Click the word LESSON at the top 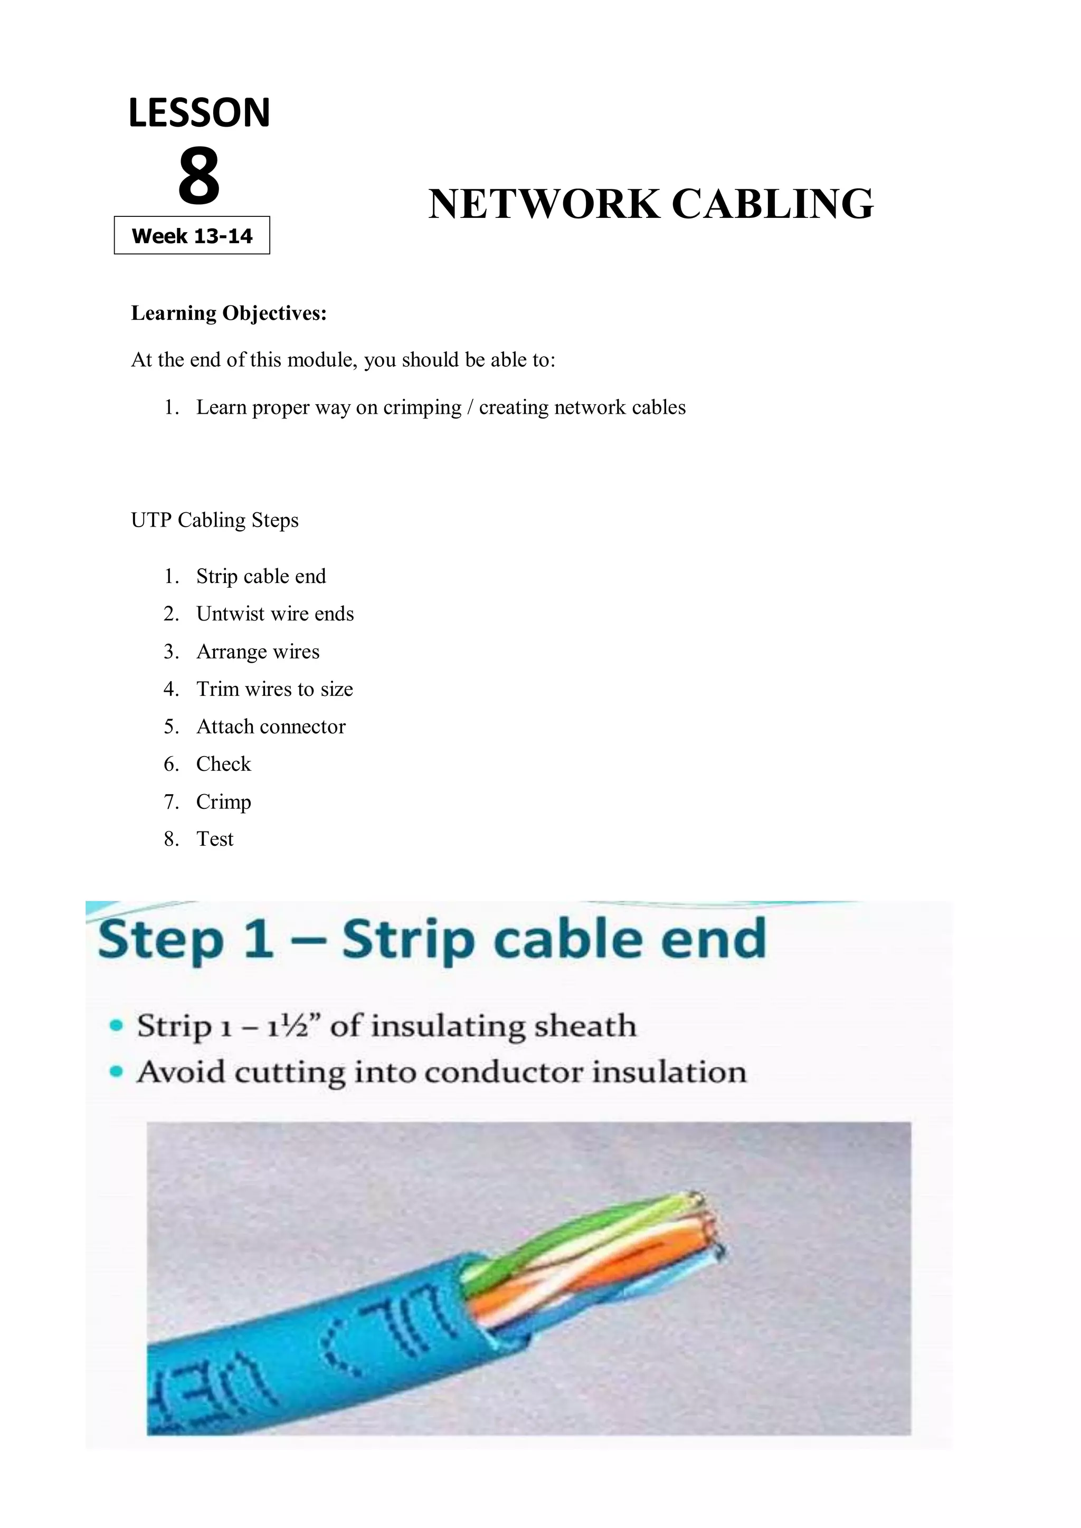click(x=199, y=112)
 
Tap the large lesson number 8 click(x=198, y=176)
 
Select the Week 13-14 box click(x=192, y=236)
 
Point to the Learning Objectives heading click(x=229, y=313)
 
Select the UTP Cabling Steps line click(x=214, y=520)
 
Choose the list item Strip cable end click(x=261, y=576)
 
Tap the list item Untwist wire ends click(x=275, y=614)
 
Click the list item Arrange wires click(x=258, y=652)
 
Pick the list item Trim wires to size click(x=274, y=689)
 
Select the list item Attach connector click(x=271, y=726)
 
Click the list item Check click(x=224, y=764)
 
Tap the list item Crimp click(x=224, y=801)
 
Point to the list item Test click(x=215, y=839)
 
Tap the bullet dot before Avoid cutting click(x=117, y=1072)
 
